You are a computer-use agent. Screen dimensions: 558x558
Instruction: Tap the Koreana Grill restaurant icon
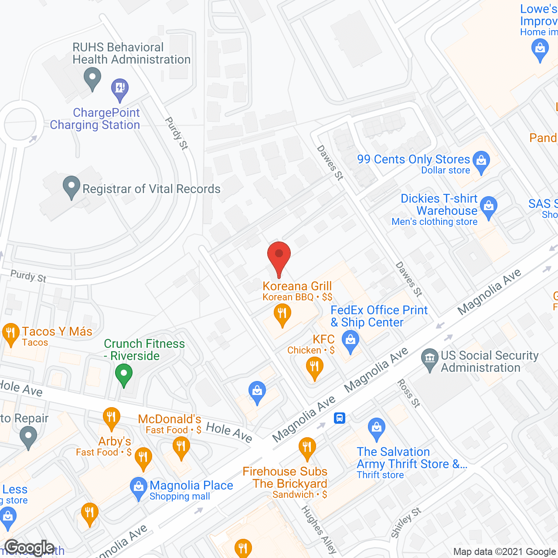pos(282,314)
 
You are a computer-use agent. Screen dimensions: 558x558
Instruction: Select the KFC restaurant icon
pos(314,367)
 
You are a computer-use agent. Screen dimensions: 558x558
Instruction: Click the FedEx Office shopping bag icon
pos(350,340)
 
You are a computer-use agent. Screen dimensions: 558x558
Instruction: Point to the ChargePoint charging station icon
pos(120,88)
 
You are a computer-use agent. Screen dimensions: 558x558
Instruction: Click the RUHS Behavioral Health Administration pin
pos(92,79)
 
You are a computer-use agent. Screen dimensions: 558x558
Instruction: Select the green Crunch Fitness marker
pos(124,374)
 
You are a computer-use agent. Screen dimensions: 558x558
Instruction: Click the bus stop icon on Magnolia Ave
pos(340,418)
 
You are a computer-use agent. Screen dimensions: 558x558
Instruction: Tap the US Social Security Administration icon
pos(430,358)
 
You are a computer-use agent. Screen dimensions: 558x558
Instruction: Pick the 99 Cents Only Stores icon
pos(481,160)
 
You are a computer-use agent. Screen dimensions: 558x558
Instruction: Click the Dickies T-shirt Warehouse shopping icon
pos(489,206)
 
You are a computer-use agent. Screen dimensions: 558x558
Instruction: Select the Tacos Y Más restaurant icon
pos(10,333)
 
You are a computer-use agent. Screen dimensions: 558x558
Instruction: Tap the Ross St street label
pos(408,393)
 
